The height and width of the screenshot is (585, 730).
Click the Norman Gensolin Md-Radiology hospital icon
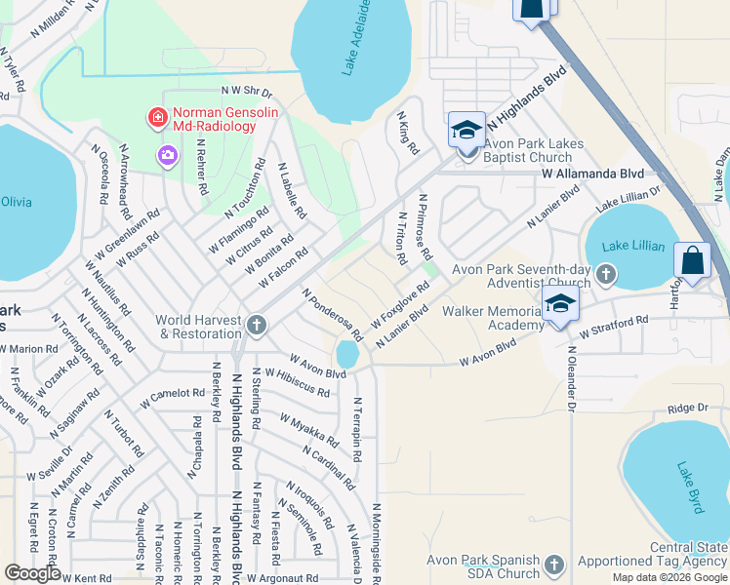point(156,119)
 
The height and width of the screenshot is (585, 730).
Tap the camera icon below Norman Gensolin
point(168,155)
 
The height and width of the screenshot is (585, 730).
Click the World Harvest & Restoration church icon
point(256,325)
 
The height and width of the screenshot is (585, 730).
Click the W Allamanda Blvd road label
point(592,173)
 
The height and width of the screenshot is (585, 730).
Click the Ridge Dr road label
point(687,409)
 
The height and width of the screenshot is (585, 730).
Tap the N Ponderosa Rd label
point(333,315)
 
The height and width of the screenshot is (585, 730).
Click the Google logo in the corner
point(33,573)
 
